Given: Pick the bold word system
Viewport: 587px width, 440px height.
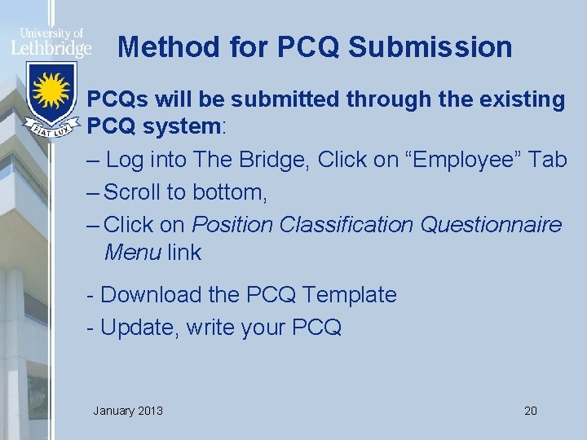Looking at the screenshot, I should (179, 128).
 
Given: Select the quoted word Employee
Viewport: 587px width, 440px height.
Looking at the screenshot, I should (445, 160).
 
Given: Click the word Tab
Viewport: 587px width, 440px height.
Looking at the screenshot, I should (547, 160).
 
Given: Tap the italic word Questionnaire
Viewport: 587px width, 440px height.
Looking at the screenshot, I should (491, 224).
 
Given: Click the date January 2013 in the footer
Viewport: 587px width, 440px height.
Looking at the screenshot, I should (128, 410).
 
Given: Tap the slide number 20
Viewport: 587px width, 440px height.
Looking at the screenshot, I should (531, 410).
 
